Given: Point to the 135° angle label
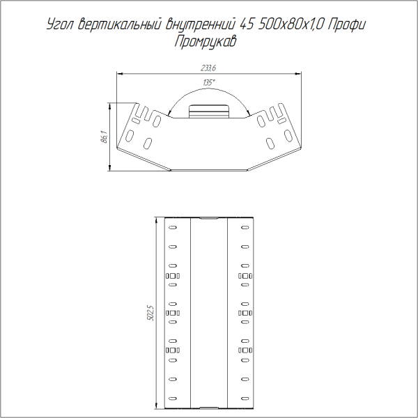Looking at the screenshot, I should click(208, 83).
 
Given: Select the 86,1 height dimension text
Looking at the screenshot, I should click(103, 137).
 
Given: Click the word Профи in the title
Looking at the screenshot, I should click(348, 25).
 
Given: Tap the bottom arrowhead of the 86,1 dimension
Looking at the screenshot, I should click(110, 168).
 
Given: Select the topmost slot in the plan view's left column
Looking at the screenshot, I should click(172, 227).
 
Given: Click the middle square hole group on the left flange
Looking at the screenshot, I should click(172, 313).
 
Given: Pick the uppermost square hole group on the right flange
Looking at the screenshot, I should click(244, 277).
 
